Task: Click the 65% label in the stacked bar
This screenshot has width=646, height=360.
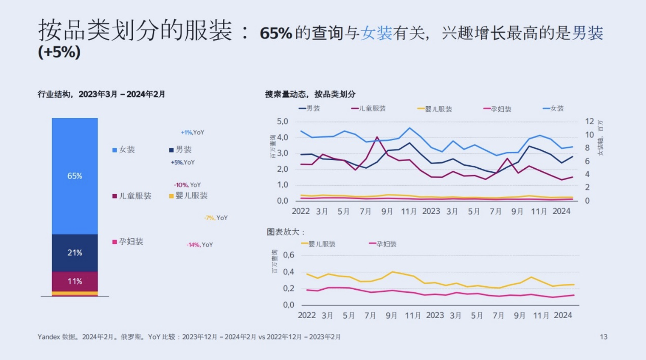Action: (74, 176)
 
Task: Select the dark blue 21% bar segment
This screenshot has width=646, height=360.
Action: (74, 253)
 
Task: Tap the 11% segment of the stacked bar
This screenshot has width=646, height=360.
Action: (74, 281)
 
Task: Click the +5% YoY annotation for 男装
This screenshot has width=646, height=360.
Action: (183, 162)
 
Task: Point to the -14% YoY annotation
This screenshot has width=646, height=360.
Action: (199, 245)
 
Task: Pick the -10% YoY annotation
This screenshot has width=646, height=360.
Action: (187, 185)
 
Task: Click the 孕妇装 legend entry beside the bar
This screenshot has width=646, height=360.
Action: (128, 242)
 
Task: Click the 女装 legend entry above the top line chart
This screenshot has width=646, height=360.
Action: (554, 109)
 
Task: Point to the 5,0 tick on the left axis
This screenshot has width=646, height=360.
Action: (282, 121)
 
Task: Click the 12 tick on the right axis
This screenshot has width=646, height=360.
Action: (589, 121)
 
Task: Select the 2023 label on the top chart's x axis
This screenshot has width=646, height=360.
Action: (431, 211)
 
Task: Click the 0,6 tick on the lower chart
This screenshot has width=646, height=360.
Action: (288, 255)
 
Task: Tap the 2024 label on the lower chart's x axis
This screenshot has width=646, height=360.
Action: (563, 315)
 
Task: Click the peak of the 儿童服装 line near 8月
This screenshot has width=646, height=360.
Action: (377, 137)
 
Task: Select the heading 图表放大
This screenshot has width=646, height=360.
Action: (285, 232)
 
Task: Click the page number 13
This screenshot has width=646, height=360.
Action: (603, 337)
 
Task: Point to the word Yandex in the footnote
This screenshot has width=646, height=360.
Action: (48, 337)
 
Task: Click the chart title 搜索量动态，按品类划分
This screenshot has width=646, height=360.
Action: (310, 94)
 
